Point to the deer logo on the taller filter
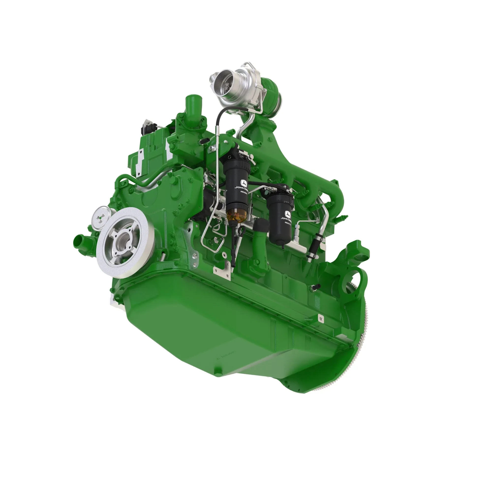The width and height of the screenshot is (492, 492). [244, 183]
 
